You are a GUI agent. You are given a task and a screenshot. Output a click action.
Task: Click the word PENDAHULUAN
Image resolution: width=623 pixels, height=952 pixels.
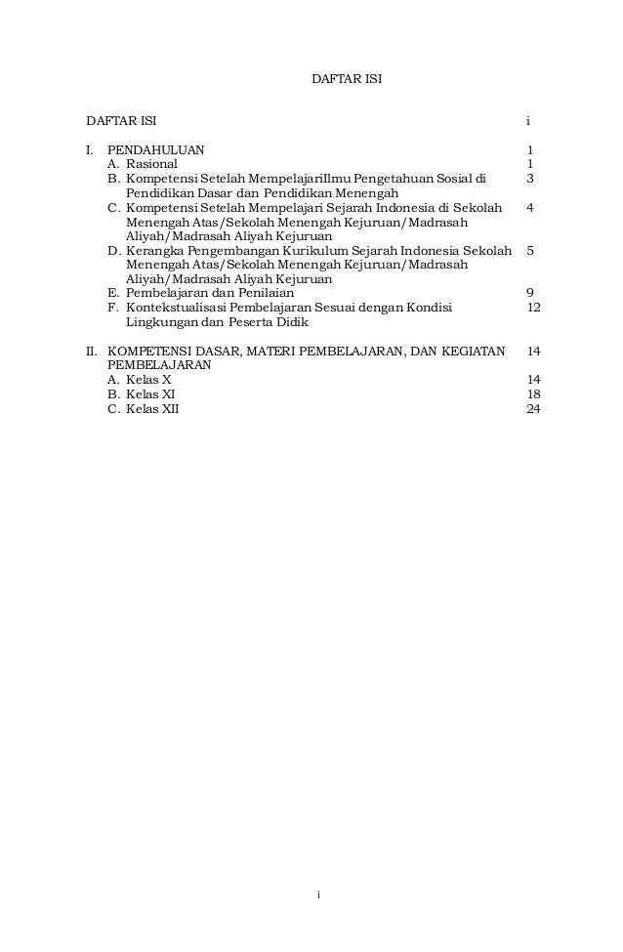tap(155, 150)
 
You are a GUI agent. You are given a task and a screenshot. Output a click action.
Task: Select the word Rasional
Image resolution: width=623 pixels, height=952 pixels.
tap(152, 165)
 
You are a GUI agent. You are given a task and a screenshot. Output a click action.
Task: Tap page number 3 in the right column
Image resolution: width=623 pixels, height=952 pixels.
tap(529, 180)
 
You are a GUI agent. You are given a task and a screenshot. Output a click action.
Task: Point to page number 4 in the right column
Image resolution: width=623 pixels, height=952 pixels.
tap(529, 208)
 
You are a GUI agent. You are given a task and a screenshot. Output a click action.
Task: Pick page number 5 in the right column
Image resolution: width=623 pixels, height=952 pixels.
tap(529, 251)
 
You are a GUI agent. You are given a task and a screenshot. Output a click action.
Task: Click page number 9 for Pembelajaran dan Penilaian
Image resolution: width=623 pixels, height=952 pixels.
tap(529, 293)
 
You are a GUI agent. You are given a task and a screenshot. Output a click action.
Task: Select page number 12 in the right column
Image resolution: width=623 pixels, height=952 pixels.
tap(533, 308)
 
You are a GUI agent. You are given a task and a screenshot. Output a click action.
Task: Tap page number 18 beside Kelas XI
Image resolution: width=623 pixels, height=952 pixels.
tap(533, 393)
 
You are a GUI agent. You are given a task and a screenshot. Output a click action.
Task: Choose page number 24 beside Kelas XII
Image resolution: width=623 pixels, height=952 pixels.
tap(533, 408)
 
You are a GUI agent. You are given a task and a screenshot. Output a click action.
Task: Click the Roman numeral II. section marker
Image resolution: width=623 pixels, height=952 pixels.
tap(93, 351)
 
